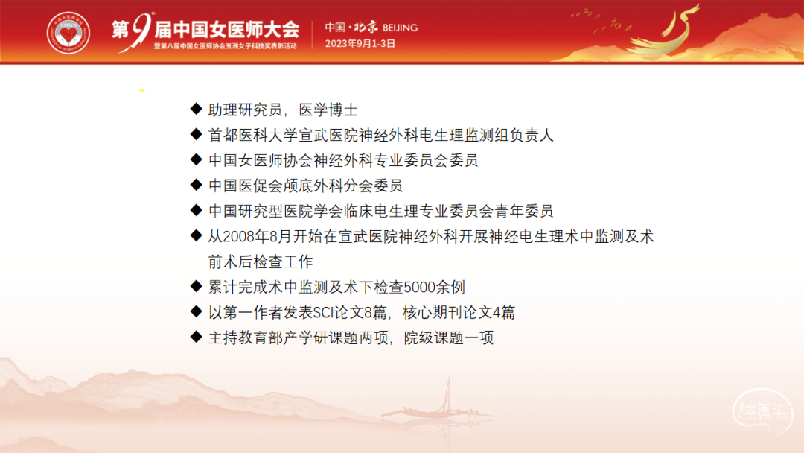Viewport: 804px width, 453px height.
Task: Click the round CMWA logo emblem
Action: click(x=68, y=33)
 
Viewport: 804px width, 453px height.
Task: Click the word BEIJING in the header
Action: click(x=400, y=28)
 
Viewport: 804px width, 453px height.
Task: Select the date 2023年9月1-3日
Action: click(x=360, y=44)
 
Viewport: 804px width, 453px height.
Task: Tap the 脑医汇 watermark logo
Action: click(x=762, y=411)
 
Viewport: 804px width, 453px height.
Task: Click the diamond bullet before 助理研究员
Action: click(x=196, y=109)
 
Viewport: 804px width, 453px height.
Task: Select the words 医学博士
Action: click(x=328, y=110)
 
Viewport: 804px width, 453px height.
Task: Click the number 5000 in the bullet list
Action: click(x=419, y=288)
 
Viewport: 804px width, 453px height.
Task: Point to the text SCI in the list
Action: click(x=323, y=312)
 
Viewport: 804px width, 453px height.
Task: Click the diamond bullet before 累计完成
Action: click(x=196, y=286)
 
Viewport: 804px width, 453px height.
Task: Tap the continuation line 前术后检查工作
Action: click(x=261, y=262)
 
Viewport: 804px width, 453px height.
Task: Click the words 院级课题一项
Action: click(x=449, y=338)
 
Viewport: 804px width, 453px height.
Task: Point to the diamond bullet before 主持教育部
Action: click(x=196, y=337)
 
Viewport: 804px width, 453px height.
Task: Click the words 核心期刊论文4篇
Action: click(x=459, y=312)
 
